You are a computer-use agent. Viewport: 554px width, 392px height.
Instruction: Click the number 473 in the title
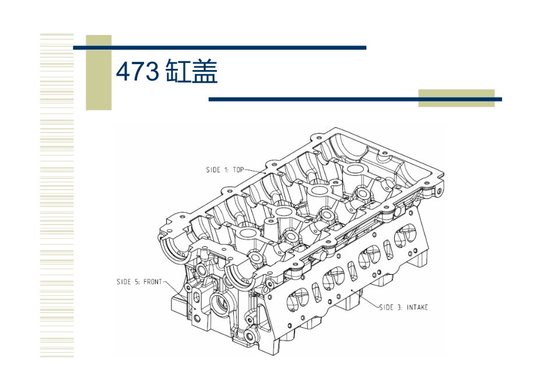coord(137,72)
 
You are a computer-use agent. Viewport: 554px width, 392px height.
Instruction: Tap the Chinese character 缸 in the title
coord(177,72)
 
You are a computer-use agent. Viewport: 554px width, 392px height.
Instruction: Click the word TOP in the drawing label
coord(238,170)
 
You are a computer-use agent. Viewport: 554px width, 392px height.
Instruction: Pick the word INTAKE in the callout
coord(416,307)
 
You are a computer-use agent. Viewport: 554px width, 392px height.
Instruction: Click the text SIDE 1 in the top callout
coord(217,170)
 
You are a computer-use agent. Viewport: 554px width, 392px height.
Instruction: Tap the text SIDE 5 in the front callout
coord(127,282)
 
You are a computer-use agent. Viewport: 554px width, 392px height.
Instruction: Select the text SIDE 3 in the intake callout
coord(390,307)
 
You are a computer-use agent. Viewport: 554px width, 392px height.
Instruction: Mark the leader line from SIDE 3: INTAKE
coord(367,300)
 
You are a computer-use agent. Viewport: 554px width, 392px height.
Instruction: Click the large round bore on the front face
coord(222,302)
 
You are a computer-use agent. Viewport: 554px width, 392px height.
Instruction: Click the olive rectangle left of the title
coord(99,72)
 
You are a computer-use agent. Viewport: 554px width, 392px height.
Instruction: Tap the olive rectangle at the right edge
coord(456,97)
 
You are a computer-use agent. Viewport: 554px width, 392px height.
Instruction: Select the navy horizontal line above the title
coord(219,47)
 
